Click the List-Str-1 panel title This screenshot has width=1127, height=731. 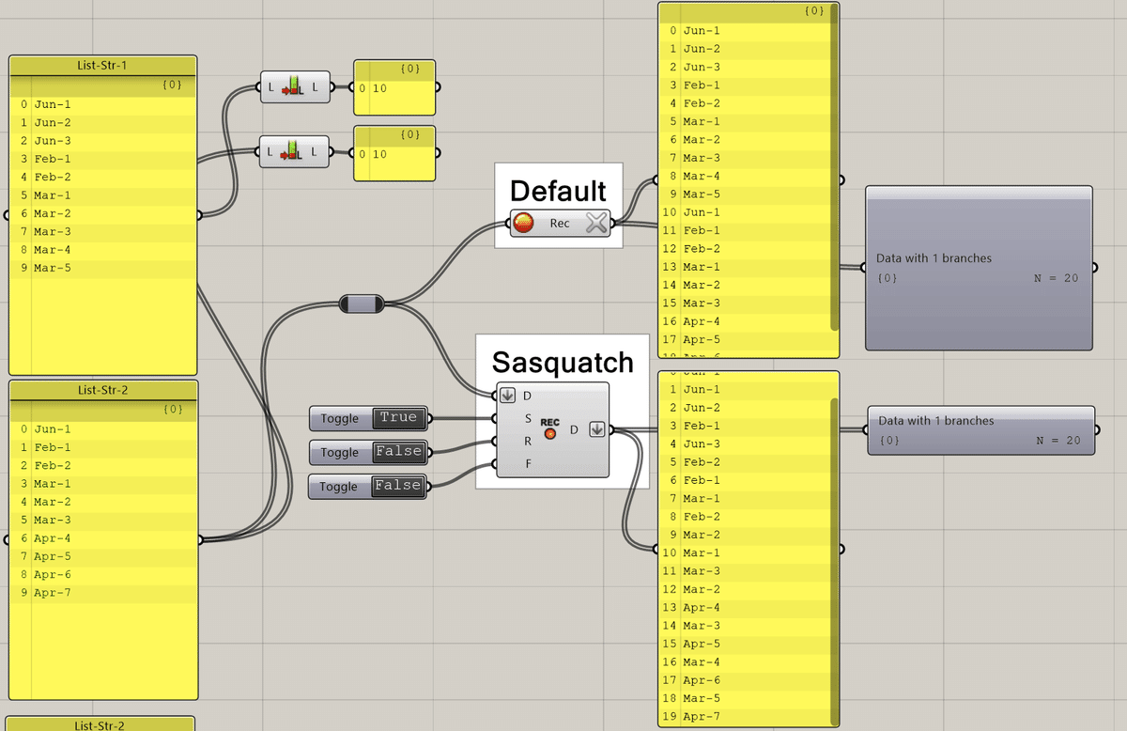click(102, 66)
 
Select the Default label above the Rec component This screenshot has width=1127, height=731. click(558, 191)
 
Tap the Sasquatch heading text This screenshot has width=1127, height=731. click(563, 363)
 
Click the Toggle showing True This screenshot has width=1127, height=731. click(397, 418)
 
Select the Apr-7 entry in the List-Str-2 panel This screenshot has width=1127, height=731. click(53, 593)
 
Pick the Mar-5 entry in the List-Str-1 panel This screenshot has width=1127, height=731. click(53, 269)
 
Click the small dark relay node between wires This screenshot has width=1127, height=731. click(361, 303)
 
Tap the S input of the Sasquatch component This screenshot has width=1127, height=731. click(528, 418)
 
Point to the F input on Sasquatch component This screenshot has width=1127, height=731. click(528, 463)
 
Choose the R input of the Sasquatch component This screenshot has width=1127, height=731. click(528, 441)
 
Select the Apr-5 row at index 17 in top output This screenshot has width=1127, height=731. click(702, 340)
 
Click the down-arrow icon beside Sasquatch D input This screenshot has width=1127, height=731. click(508, 396)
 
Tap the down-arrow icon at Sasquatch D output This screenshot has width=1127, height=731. click(596, 429)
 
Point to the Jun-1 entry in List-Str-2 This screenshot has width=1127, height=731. click(53, 429)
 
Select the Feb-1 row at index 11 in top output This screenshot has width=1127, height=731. click(702, 230)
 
